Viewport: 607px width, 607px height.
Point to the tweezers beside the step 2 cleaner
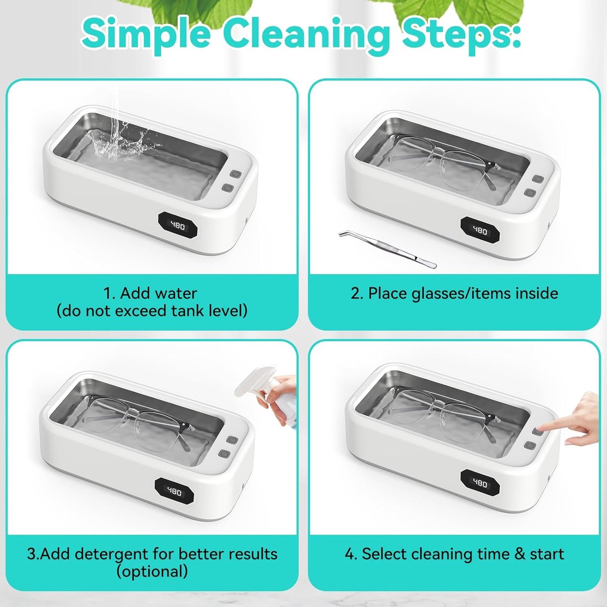click(x=387, y=248)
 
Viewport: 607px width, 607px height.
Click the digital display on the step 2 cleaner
click(x=481, y=231)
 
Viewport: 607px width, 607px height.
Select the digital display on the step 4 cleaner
click(x=481, y=483)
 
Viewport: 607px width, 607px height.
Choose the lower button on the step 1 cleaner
click(x=226, y=188)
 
